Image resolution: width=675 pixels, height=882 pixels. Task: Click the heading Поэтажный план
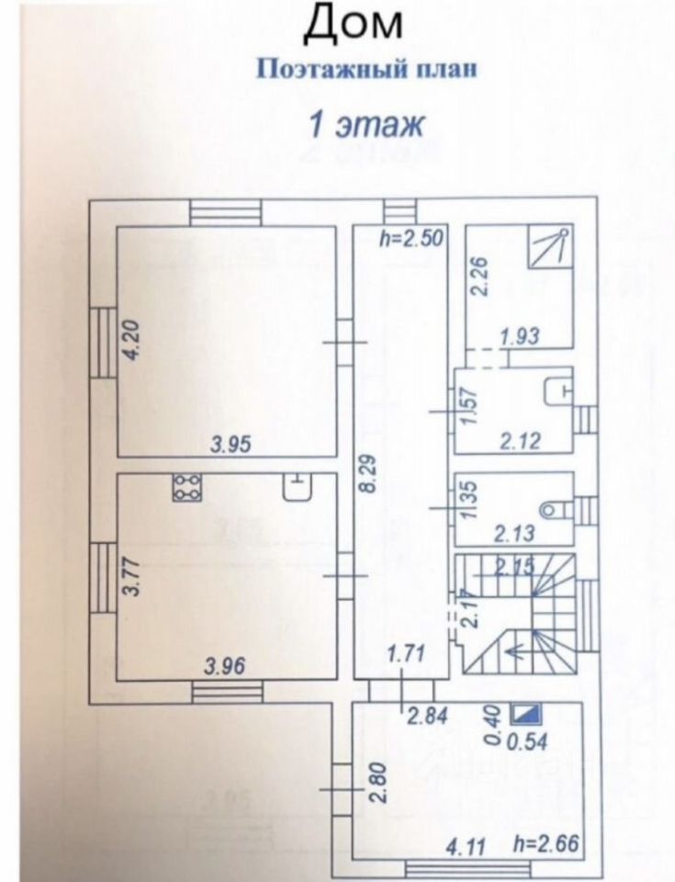[366, 71]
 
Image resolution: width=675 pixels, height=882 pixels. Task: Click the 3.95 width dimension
[230, 445]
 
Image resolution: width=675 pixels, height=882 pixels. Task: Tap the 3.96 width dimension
[225, 667]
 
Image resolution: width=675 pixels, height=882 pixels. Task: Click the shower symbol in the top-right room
[550, 245]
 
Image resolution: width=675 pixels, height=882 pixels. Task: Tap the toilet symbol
[554, 506]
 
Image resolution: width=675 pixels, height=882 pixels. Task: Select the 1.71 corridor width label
[404, 655]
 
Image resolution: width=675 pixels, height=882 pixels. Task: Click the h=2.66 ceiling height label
[546, 843]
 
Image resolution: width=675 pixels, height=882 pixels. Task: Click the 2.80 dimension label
[375, 780]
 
